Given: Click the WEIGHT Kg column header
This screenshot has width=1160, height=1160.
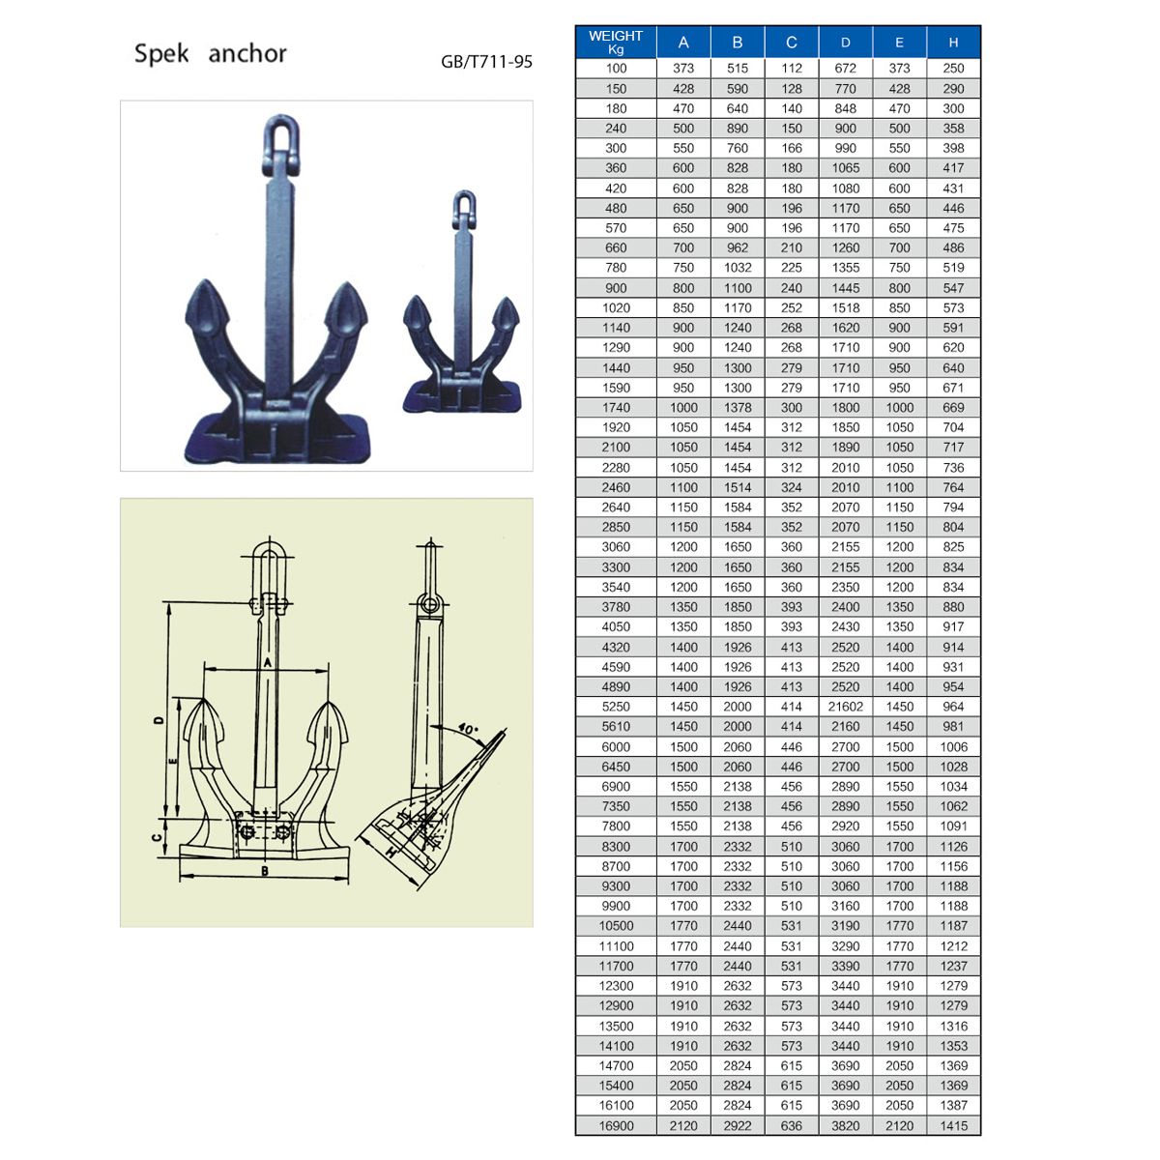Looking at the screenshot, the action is (615, 43).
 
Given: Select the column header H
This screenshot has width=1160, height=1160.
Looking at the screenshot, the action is (953, 43).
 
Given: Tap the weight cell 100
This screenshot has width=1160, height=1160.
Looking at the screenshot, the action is (615, 68).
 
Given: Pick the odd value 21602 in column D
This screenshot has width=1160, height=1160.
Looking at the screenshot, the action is (845, 706).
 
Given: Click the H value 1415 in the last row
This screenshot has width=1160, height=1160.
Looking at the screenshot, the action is (953, 1125).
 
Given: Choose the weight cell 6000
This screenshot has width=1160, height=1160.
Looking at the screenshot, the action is (615, 746).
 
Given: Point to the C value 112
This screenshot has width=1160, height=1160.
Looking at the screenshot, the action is (791, 68).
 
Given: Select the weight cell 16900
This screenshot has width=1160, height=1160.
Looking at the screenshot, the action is (615, 1125).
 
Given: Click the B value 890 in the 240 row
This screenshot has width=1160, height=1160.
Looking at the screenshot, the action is (737, 129).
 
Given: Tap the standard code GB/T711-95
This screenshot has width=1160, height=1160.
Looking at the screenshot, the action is (486, 62).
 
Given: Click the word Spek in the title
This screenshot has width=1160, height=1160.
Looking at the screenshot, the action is (161, 53).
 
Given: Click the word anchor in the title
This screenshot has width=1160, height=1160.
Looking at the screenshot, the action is (247, 54).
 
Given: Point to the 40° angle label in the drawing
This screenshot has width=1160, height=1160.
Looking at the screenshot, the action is (468, 729).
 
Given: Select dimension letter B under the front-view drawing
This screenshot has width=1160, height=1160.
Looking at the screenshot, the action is (264, 870).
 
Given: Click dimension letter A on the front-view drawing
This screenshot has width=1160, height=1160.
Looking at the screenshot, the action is (268, 662).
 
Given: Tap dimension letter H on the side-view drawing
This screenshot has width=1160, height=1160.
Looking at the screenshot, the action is (391, 852).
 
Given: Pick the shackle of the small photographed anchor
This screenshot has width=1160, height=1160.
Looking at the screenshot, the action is (464, 210).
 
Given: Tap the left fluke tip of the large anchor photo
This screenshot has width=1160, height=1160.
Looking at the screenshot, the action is (207, 281).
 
